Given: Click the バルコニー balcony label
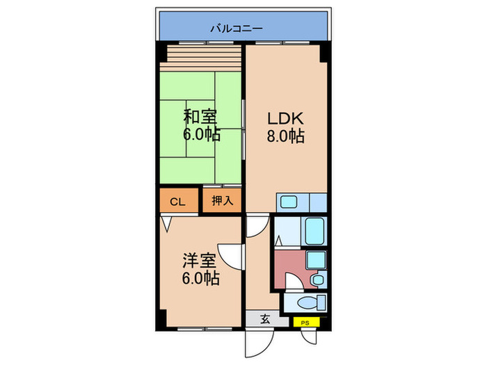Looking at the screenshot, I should tap(237, 29).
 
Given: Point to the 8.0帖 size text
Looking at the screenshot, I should tap(285, 136).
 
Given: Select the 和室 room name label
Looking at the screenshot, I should tap(200, 116).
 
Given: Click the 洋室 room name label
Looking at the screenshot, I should tap(200, 261).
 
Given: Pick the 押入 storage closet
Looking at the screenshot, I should tap(222, 202).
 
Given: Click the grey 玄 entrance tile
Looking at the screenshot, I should tap(265, 320).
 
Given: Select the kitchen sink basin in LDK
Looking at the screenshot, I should tap(289, 202).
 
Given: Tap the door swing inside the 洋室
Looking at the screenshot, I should tap(229, 256).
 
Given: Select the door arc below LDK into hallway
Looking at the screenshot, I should tap(256, 225).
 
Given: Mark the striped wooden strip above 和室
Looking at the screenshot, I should tap(202, 54).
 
